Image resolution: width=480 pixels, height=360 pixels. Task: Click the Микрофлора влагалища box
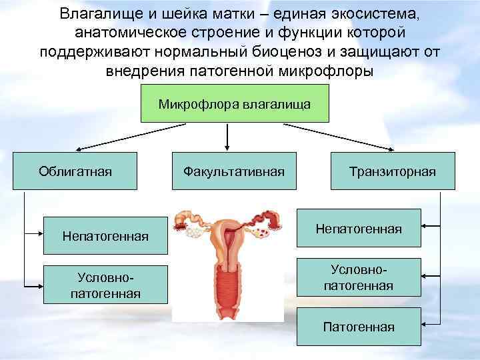(235, 104)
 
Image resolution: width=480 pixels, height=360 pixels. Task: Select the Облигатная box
(75, 171)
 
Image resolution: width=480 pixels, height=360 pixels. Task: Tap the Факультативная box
(233, 171)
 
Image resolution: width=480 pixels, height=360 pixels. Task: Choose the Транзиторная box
(392, 171)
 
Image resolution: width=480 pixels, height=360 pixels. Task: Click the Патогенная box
(358, 327)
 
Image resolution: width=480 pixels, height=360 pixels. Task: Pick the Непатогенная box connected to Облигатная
(105, 235)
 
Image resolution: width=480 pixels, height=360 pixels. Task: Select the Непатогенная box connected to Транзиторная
(358, 229)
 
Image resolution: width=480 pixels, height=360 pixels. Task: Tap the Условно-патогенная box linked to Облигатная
(105, 284)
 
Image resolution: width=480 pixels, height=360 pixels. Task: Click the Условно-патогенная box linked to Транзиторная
(358, 277)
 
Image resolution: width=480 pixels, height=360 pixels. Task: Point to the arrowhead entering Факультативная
(229, 148)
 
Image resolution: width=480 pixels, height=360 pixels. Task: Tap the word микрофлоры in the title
(333, 71)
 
